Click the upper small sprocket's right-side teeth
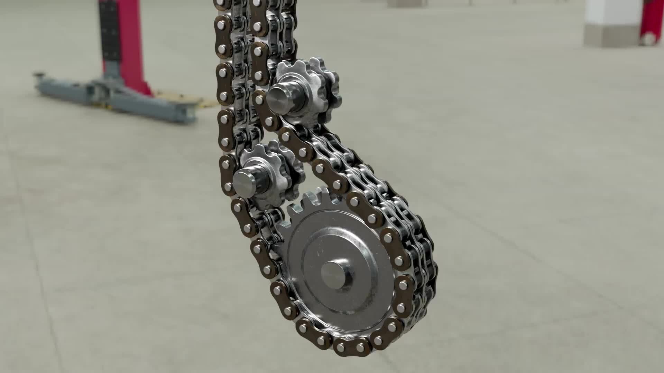(330, 93)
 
